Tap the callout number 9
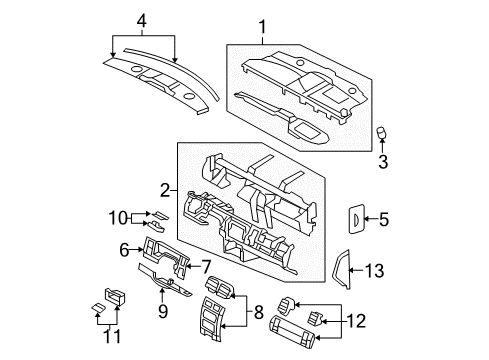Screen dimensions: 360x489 click(x=162, y=320)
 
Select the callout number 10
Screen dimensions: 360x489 click(x=115, y=217)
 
